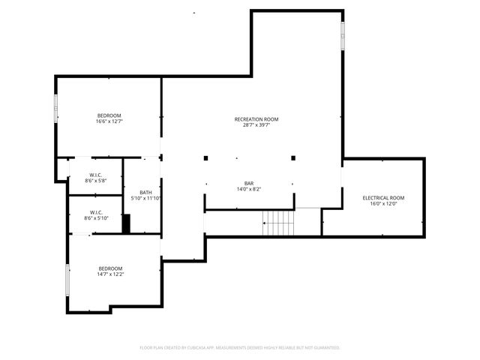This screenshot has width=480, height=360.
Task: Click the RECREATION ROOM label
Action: tap(256, 119)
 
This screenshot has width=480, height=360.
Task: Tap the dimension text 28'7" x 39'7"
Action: tap(256, 125)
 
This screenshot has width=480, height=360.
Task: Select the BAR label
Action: tap(249, 183)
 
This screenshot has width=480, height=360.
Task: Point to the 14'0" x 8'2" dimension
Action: tap(249, 189)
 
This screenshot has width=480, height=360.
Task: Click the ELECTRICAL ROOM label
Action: tap(383, 198)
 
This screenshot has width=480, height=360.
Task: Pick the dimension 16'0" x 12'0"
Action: tap(383, 204)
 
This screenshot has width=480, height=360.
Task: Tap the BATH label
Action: tap(145, 193)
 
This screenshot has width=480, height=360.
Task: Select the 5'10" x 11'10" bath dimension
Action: tap(146, 199)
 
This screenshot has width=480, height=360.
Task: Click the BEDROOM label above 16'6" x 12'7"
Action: tap(109, 115)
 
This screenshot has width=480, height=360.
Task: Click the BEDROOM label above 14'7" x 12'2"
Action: tap(110, 268)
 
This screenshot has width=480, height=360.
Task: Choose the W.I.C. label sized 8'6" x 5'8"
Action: tap(96, 175)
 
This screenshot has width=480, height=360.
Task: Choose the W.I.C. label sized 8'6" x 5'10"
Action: tap(96, 212)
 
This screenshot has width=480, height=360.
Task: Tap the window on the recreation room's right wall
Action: tap(343, 35)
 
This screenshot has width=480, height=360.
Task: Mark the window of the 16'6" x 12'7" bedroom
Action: tap(55, 109)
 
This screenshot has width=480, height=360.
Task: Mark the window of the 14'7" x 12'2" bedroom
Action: tap(67, 280)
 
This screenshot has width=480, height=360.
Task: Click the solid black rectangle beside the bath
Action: tap(127, 223)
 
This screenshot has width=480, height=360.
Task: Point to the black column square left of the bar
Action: tap(205, 158)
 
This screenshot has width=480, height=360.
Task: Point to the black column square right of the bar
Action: tap(293, 158)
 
